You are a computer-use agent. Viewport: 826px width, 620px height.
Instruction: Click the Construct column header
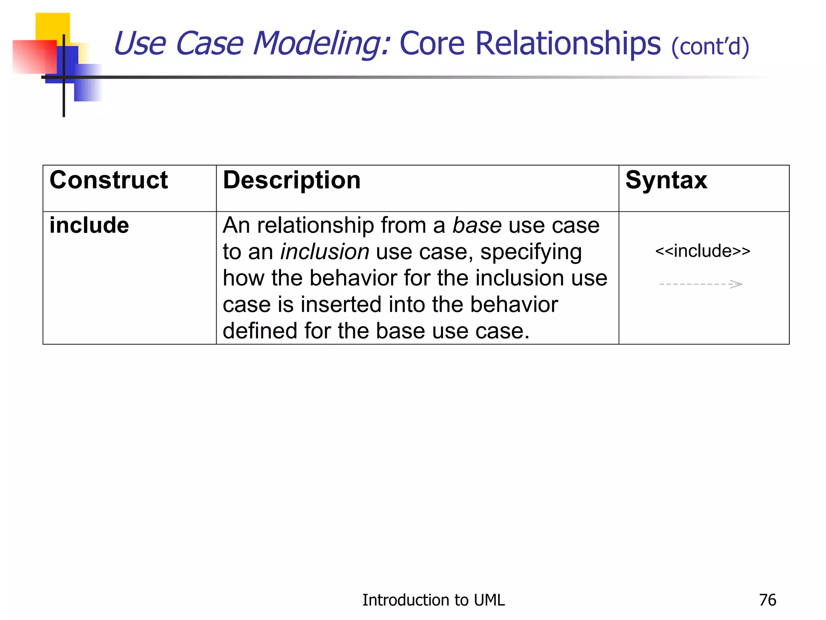coord(108,180)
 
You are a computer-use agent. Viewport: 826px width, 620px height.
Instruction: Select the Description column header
coord(292,180)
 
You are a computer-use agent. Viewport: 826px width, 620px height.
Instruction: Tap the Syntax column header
coord(666,180)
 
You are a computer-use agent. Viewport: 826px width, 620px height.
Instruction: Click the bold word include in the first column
coord(89,225)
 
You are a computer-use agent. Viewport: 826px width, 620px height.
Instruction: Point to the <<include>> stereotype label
coord(703,251)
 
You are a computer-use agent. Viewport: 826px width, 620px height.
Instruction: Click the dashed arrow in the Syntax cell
coord(701,284)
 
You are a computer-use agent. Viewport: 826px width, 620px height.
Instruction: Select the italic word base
coord(477,225)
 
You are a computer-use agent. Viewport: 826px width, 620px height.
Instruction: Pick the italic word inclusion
coord(325,252)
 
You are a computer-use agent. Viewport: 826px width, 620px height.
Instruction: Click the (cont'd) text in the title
coord(710,46)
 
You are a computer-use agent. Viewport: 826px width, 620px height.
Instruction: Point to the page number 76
coord(767,600)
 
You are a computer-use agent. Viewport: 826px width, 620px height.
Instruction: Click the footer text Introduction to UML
coord(433,600)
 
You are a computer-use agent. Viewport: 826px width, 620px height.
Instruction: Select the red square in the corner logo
coord(34,57)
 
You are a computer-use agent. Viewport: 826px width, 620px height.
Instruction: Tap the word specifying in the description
coord(531,252)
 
